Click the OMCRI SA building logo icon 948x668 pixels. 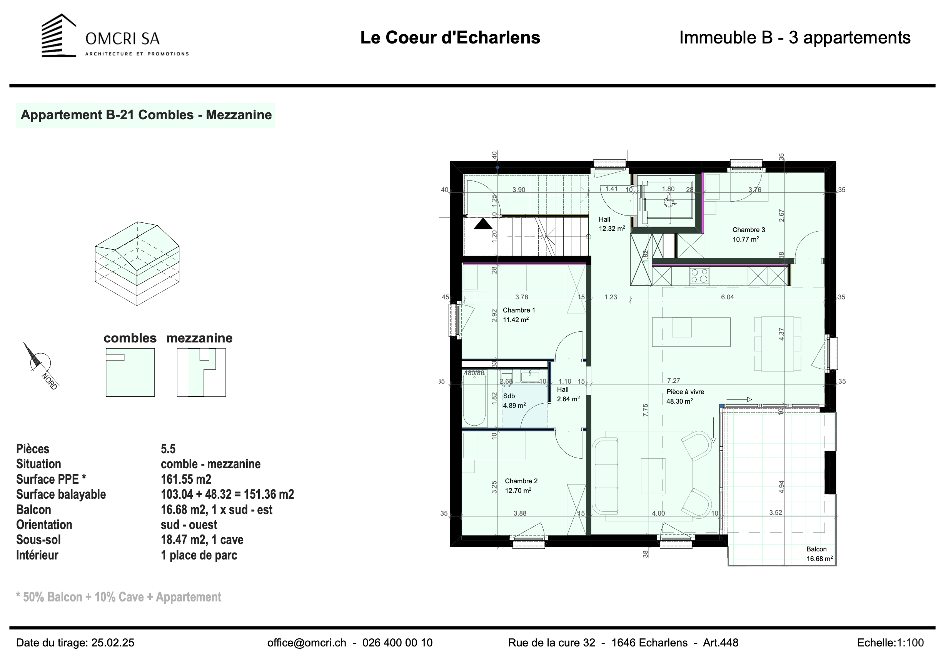click(58, 35)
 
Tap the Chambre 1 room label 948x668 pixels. click(519, 310)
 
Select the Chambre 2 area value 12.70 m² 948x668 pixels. click(518, 491)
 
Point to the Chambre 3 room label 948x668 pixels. click(749, 230)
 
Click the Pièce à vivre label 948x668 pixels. click(685, 392)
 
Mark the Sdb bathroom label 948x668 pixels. click(509, 396)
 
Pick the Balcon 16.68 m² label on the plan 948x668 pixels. click(819, 554)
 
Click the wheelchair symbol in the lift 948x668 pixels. click(668, 202)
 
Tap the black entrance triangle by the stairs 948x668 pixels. click(483, 224)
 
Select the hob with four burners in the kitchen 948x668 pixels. click(699, 276)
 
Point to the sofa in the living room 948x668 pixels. click(605, 476)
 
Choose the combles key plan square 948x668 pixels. click(130, 372)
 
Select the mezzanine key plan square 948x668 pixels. click(201, 372)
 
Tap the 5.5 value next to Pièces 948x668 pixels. click(168, 449)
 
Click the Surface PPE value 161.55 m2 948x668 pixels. click(186, 479)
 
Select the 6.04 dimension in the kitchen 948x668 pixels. click(727, 297)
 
